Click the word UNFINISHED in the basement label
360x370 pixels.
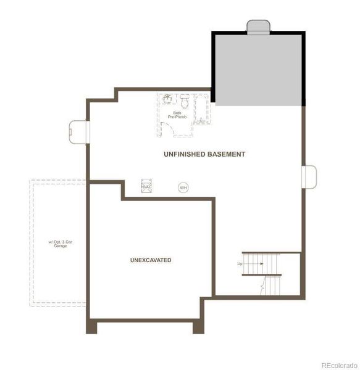tap(184, 154)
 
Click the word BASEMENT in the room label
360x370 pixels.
tap(226, 154)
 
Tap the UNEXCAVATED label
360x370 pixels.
tap(151, 260)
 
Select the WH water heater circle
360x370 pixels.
tap(183, 187)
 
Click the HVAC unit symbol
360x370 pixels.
tap(146, 186)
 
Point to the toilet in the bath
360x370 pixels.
tap(184, 100)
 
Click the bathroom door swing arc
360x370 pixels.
tap(167, 128)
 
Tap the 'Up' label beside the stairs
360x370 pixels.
tap(240, 263)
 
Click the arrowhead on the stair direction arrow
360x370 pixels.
tap(262, 263)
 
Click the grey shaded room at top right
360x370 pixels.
tap(259, 69)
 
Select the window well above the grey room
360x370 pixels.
tap(259, 26)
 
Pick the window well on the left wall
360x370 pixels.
tap(79, 129)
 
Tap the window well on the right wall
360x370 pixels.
tap(309, 176)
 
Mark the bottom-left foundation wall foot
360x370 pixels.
tap(93, 327)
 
